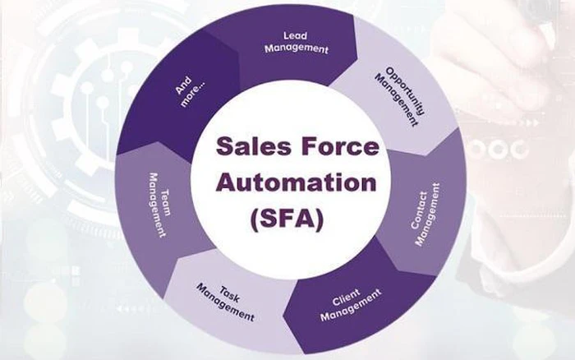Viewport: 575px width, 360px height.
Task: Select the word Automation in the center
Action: pos(297,182)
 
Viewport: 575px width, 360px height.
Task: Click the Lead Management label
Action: pos(297,43)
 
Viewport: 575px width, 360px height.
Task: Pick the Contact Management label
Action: pos(425,215)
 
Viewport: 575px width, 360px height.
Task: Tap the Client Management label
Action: pos(350,304)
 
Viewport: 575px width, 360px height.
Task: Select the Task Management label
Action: pos(225,302)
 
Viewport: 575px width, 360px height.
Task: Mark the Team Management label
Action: pos(159,205)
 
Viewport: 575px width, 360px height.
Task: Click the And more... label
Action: pos(190,91)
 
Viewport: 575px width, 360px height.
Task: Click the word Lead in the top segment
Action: pos(295,35)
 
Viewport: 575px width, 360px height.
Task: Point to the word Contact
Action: pos(419,210)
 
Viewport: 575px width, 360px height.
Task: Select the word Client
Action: pos(346,298)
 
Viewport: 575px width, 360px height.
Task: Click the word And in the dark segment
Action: pos(183,85)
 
